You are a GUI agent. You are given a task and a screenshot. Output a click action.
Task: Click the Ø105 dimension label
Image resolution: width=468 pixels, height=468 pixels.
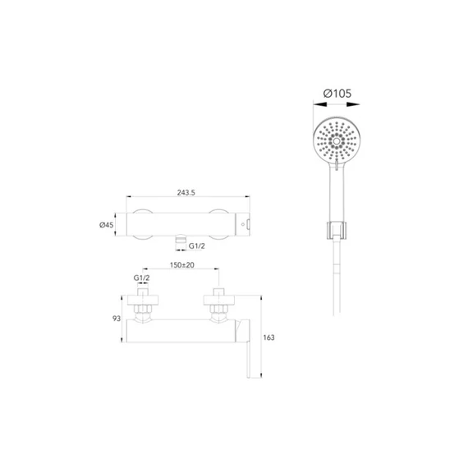click(337, 94)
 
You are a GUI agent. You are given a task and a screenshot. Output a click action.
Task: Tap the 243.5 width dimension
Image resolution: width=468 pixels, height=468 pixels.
click(186, 192)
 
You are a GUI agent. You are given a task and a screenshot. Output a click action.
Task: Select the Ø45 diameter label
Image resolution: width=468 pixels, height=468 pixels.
click(107, 224)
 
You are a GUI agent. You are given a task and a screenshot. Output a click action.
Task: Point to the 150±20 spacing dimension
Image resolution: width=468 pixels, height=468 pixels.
click(182, 264)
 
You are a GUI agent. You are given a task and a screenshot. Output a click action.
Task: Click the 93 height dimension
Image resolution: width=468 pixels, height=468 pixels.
click(117, 319)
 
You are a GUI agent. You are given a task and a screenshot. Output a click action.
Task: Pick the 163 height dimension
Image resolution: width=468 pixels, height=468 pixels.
click(268, 337)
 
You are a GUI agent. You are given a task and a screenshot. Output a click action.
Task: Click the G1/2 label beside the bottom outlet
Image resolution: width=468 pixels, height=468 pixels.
click(197, 246)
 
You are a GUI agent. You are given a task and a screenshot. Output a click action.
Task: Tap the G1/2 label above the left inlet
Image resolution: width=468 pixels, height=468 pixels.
click(141, 278)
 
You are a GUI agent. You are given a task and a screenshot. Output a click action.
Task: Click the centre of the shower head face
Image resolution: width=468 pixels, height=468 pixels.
click(337, 141)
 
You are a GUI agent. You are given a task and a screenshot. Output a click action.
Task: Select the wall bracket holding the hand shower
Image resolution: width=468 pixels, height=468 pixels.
click(337, 231)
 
